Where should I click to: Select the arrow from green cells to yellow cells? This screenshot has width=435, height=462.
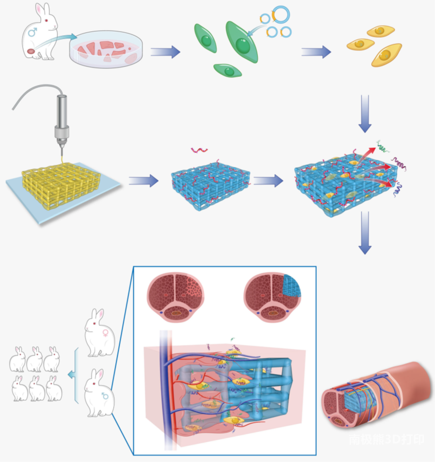pos(316,51)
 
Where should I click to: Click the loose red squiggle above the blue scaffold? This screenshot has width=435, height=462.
pos(198,149)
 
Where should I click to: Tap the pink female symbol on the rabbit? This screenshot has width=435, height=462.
pos(106,333)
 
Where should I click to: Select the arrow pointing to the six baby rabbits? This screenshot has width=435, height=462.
pos(72,374)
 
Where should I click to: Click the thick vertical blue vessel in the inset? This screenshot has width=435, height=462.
pos(164,382)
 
